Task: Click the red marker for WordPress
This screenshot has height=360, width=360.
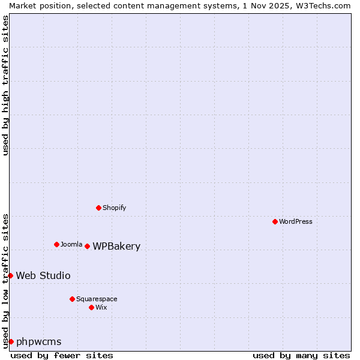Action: [x=275, y=221]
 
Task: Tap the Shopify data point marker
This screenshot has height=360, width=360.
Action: [x=98, y=208]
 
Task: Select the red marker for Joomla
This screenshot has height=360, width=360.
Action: [x=56, y=244]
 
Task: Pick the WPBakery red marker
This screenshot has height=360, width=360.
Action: [x=87, y=246]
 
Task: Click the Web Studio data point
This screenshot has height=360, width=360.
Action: [x=11, y=275]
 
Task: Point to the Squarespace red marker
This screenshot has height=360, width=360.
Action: [x=72, y=299]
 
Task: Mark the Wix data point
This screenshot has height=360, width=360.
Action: [x=91, y=307]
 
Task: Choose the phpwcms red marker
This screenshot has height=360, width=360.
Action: [x=11, y=341]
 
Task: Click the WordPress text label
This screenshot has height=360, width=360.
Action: [x=296, y=221]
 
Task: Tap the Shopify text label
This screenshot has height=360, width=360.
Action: [x=114, y=208]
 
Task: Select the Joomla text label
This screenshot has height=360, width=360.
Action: [x=71, y=244]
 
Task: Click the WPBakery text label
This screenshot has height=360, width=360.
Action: [x=116, y=246]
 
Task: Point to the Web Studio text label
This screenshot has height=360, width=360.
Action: [x=43, y=275]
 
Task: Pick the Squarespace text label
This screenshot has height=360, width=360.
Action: [x=97, y=299]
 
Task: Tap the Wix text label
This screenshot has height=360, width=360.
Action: [x=101, y=307]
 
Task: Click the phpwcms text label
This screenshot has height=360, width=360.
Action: [x=38, y=341]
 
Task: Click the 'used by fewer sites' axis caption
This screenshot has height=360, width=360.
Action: [x=62, y=355]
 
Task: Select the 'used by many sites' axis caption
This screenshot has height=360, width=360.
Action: [x=301, y=355]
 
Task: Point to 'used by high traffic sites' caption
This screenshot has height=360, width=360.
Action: [x=5, y=85]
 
